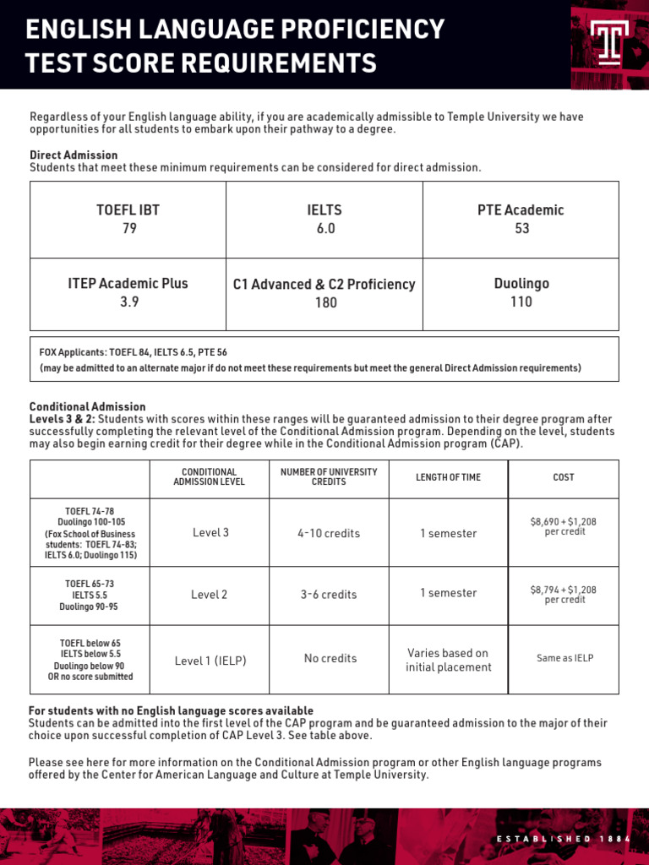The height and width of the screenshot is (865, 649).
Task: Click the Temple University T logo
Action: (610, 42)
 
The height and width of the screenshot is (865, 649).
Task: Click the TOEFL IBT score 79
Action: (128, 228)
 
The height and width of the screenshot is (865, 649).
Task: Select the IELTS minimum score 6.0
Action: (325, 228)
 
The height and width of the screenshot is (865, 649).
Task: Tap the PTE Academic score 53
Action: (521, 228)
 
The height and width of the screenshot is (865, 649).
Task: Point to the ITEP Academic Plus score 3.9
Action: (128, 302)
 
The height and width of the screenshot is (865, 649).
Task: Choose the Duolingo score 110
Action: (521, 302)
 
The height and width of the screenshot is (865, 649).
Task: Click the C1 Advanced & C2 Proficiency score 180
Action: (325, 302)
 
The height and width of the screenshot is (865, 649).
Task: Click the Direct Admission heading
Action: (74, 155)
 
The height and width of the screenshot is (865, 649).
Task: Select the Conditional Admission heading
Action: (87, 406)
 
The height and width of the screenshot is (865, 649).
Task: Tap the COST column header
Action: (563, 477)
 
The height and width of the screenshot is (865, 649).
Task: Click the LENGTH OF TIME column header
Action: (448, 477)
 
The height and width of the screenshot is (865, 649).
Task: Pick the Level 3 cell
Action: (210, 532)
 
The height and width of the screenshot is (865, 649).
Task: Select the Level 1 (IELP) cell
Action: (210, 661)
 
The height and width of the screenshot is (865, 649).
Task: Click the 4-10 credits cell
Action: (329, 533)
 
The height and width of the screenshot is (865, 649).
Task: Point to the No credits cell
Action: (330, 658)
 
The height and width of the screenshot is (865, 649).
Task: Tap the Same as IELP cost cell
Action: (564, 658)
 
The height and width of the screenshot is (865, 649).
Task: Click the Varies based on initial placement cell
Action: (448, 660)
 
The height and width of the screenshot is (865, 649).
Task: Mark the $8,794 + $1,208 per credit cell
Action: (564, 594)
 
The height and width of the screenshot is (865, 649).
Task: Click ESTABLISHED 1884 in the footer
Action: (562, 839)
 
